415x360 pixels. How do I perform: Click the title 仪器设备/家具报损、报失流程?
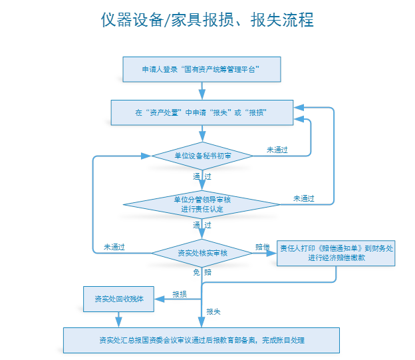point(207,20)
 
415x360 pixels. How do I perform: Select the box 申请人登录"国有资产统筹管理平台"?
point(201,69)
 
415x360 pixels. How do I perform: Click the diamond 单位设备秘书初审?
point(202,156)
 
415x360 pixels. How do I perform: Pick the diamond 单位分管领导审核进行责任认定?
point(202,204)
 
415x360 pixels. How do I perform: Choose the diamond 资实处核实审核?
point(202,253)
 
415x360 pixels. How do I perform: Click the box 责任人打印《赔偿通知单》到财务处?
point(337,253)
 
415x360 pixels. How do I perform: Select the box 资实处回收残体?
point(118,299)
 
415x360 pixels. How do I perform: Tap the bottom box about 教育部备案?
point(201,340)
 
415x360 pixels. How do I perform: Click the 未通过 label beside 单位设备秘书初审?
point(277,150)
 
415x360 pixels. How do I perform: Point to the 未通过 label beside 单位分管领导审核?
point(303,198)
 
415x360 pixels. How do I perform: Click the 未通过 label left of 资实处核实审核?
point(114,247)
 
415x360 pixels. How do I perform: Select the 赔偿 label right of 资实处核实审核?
point(263,247)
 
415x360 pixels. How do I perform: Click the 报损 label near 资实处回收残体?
point(180,293)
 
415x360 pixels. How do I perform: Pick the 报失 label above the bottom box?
point(213,311)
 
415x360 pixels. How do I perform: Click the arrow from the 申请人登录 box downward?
point(201,90)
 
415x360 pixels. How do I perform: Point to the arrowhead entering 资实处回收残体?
point(158,299)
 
